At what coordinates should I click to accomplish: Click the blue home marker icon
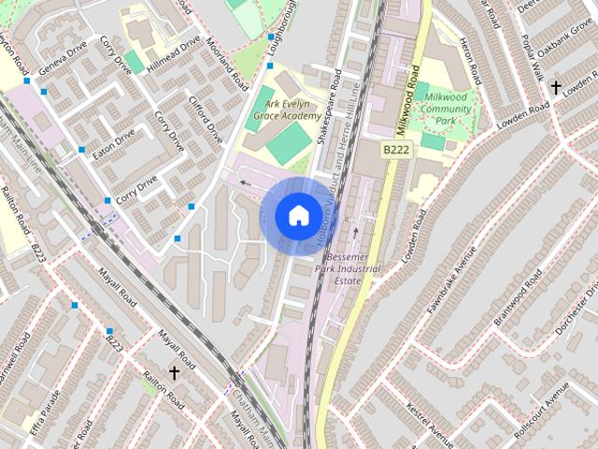pos(297,215)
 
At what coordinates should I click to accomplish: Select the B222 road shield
pos(395,149)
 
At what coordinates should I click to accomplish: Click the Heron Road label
pos(472,56)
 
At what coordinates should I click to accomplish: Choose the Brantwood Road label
pos(518,297)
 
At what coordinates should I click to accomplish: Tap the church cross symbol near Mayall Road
pos(173,373)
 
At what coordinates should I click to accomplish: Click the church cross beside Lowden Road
pos(556,88)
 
